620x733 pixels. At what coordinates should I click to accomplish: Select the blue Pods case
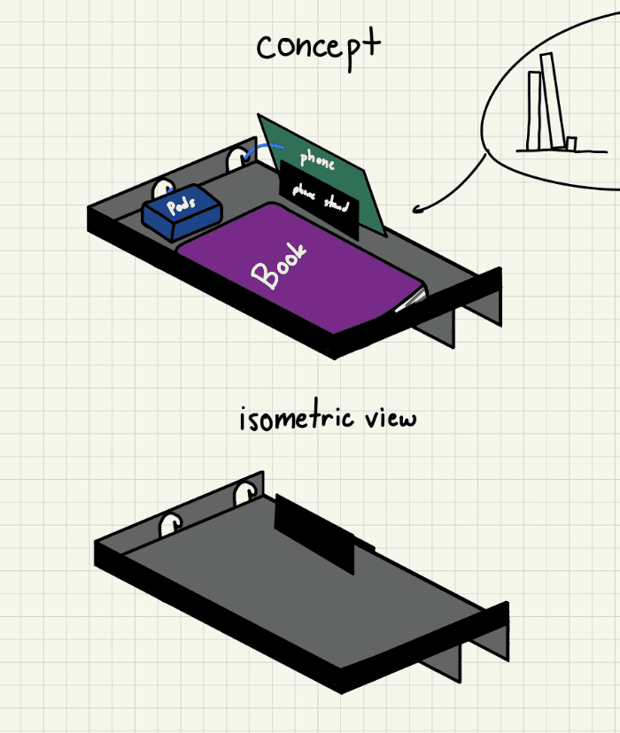click(182, 213)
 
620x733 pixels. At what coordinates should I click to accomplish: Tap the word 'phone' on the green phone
click(317, 159)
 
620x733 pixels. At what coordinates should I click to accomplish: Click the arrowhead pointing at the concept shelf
click(418, 210)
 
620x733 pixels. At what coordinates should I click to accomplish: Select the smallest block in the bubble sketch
click(571, 143)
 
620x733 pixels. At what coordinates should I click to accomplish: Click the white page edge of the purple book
click(410, 302)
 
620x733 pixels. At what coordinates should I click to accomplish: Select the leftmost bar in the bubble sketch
click(534, 110)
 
